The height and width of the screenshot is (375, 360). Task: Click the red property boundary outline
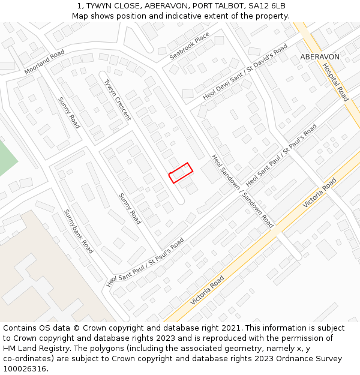point(180,173)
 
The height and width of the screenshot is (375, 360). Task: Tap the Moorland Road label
point(44,62)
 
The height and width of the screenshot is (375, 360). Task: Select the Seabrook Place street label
point(190,46)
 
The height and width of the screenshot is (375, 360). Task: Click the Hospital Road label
point(335,82)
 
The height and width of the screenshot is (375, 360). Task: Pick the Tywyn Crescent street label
point(117,100)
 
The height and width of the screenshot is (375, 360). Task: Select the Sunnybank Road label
point(79,231)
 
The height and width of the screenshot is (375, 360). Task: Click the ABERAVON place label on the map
point(320,57)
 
